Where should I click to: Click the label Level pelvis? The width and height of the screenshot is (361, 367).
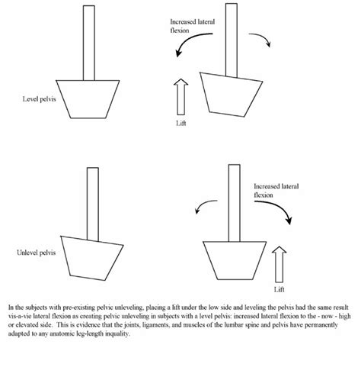(39, 99)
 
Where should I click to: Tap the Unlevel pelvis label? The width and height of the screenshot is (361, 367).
(36, 253)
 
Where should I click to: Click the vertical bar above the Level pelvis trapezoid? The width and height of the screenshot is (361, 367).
(89, 43)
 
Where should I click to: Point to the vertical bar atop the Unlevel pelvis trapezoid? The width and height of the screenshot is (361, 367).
(93, 204)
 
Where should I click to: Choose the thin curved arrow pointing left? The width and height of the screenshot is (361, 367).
(204, 204)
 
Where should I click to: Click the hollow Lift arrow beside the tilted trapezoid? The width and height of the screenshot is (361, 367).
(180, 97)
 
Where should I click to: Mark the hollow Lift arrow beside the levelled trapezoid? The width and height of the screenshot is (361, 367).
(280, 264)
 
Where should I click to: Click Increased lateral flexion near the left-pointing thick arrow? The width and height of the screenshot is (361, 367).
(192, 26)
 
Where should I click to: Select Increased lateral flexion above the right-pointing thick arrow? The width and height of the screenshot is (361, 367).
(276, 191)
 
